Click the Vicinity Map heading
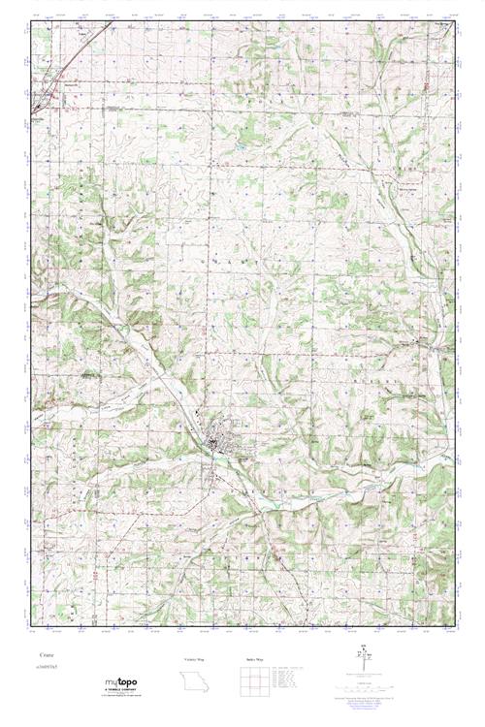click(x=196, y=658)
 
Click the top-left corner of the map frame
click(x=31, y=23)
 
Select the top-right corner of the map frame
click(x=455, y=23)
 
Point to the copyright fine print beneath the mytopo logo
click(x=122, y=698)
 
